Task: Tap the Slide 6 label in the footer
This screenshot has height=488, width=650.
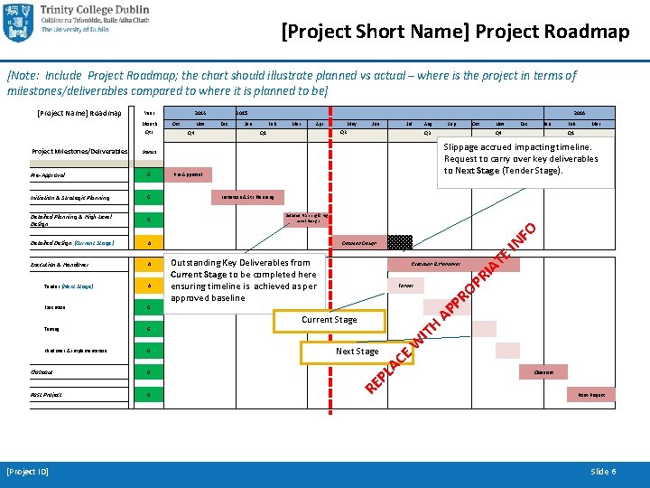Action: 603,472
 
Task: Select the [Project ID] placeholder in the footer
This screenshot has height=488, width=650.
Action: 27,472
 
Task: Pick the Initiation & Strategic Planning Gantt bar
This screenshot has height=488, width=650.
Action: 247,196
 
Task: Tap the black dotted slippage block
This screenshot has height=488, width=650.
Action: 400,241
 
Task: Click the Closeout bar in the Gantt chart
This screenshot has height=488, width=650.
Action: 544,371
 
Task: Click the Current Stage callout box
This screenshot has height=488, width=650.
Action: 329,319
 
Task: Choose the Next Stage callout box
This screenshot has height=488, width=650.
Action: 357,351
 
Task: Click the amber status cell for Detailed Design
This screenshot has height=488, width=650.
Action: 148,242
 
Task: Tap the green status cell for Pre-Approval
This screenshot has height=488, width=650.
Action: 148,174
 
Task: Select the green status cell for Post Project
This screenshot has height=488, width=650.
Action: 148,395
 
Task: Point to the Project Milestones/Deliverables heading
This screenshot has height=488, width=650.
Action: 79,151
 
